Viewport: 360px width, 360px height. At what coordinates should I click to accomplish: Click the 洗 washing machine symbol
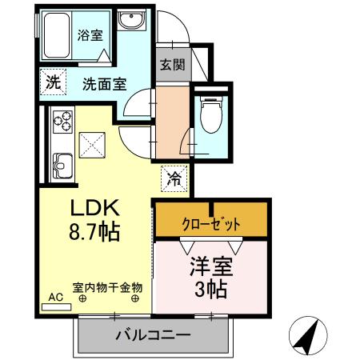[x=52, y=80]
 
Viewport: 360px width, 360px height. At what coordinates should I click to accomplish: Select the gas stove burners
[x=62, y=122]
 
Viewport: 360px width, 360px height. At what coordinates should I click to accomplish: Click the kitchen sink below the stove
[x=61, y=167]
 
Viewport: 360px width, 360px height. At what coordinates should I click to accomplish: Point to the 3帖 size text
[x=210, y=287]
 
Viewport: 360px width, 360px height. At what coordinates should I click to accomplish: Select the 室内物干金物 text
[x=107, y=286]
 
